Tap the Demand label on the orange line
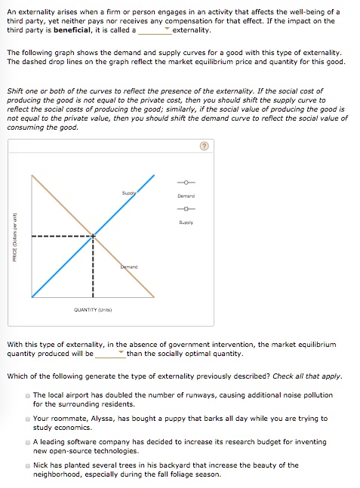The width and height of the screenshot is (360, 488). click(128, 267)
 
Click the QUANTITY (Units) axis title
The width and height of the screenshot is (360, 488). click(93, 309)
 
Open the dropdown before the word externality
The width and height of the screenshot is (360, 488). click(154, 32)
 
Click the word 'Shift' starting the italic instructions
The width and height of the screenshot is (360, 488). click(14, 91)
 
